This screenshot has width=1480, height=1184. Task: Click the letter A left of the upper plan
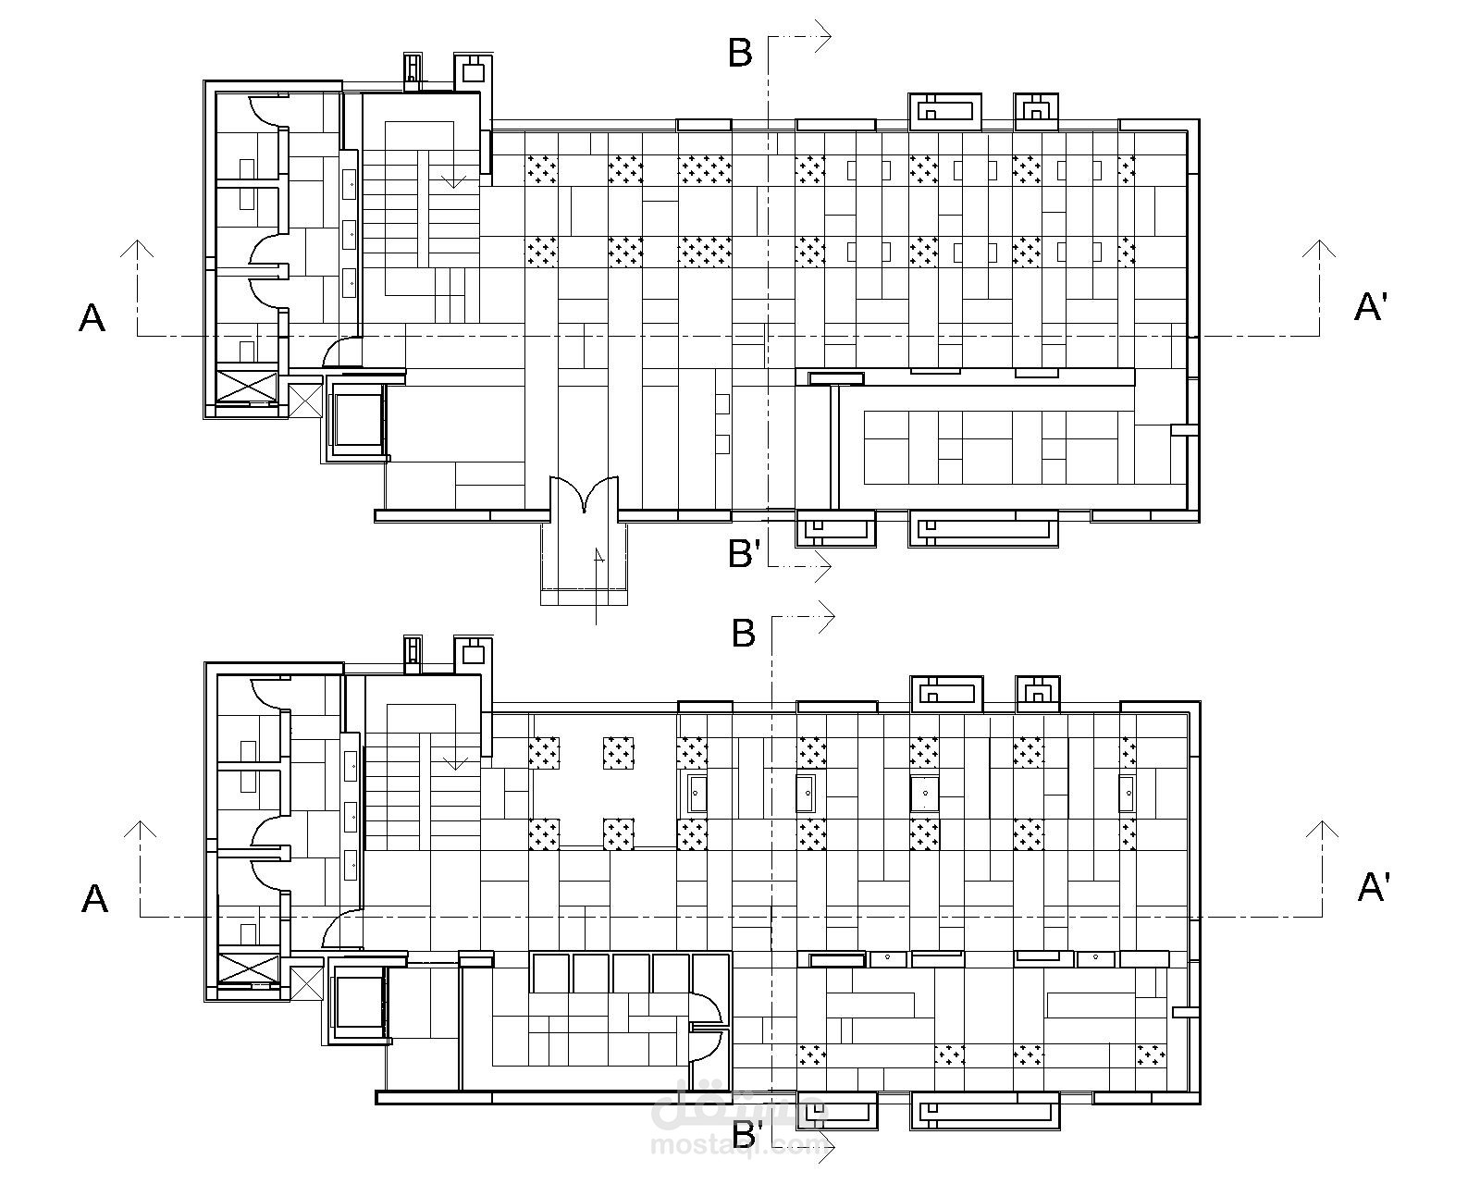[92, 318]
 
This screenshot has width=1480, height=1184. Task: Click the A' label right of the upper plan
[1371, 306]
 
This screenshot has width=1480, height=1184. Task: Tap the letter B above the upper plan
[740, 54]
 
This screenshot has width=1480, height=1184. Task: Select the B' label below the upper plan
[745, 553]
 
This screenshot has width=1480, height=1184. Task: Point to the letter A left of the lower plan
[94, 898]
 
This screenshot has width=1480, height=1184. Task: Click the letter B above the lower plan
[744, 634]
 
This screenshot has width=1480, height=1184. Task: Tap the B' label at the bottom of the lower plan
[747, 1133]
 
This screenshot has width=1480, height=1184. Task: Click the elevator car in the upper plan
[357, 421]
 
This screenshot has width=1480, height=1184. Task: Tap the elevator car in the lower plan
[358, 1003]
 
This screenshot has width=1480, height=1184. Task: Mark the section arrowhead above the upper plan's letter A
[138, 248]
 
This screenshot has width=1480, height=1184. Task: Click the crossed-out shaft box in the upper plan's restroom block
[245, 386]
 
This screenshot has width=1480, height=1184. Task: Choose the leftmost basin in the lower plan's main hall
[697, 794]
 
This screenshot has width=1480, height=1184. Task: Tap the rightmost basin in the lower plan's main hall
[1127, 794]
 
